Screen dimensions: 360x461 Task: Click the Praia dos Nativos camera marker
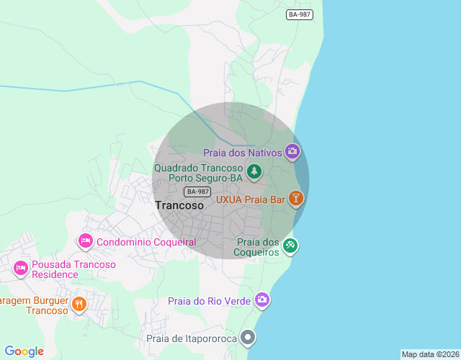click(292, 151)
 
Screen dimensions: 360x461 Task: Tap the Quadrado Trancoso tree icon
click(253, 171)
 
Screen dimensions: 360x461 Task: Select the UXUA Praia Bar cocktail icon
click(295, 199)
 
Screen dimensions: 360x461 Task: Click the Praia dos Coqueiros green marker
click(290, 246)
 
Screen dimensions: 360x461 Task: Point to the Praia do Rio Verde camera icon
click(261, 300)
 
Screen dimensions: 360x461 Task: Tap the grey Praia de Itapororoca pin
click(249, 337)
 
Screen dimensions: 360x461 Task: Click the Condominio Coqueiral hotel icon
click(86, 240)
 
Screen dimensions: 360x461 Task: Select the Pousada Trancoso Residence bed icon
click(21, 269)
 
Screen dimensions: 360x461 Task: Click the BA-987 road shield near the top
click(300, 15)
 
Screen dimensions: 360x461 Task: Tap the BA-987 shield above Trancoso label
click(197, 191)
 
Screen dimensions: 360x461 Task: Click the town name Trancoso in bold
click(179, 205)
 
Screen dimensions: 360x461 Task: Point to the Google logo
click(24, 351)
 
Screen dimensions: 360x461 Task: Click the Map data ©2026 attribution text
click(430, 354)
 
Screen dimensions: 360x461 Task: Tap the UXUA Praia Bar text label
click(251, 199)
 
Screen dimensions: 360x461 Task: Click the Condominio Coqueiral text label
click(146, 242)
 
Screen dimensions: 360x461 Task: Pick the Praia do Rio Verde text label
click(209, 300)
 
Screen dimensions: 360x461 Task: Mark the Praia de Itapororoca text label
click(192, 338)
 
